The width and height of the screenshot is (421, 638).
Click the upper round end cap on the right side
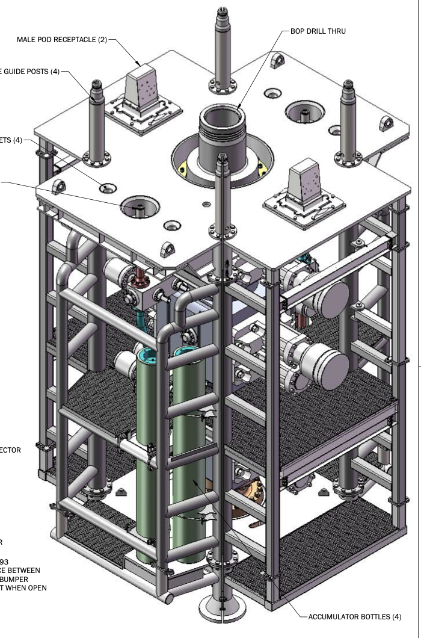(x=331, y=299)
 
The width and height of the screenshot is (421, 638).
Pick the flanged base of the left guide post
(x=97, y=160)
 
